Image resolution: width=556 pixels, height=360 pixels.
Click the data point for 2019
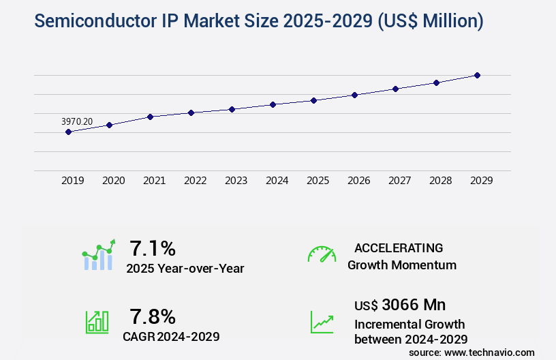tap(68, 132)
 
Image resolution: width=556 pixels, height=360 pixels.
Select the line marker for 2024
tap(273, 104)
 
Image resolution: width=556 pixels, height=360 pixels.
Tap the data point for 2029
tap(477, 75)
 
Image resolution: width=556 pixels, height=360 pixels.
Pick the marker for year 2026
tap(354, 95)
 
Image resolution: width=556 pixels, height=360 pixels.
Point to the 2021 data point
tap(150, 117)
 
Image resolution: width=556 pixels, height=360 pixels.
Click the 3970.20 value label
tap(77, 121)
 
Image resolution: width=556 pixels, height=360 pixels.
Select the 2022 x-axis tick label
tap(195, 181)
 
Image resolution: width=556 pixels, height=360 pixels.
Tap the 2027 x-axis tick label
tap(399, 181)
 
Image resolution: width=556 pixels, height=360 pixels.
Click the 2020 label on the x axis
tap(113, 181)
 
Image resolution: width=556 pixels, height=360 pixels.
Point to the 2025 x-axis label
tap(318, 181)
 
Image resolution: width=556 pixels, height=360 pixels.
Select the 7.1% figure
tap(153, 247)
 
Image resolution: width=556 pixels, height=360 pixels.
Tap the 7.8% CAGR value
tap(153, 316)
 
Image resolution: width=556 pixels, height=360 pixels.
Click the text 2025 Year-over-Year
tap(185, 269)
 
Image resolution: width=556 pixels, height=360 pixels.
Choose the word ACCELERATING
tap(399, 247)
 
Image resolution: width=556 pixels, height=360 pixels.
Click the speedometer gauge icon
tap(322, 254)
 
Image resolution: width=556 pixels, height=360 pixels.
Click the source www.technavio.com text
tap(472, 352)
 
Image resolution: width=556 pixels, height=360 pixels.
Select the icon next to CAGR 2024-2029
tap(97, 322)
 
